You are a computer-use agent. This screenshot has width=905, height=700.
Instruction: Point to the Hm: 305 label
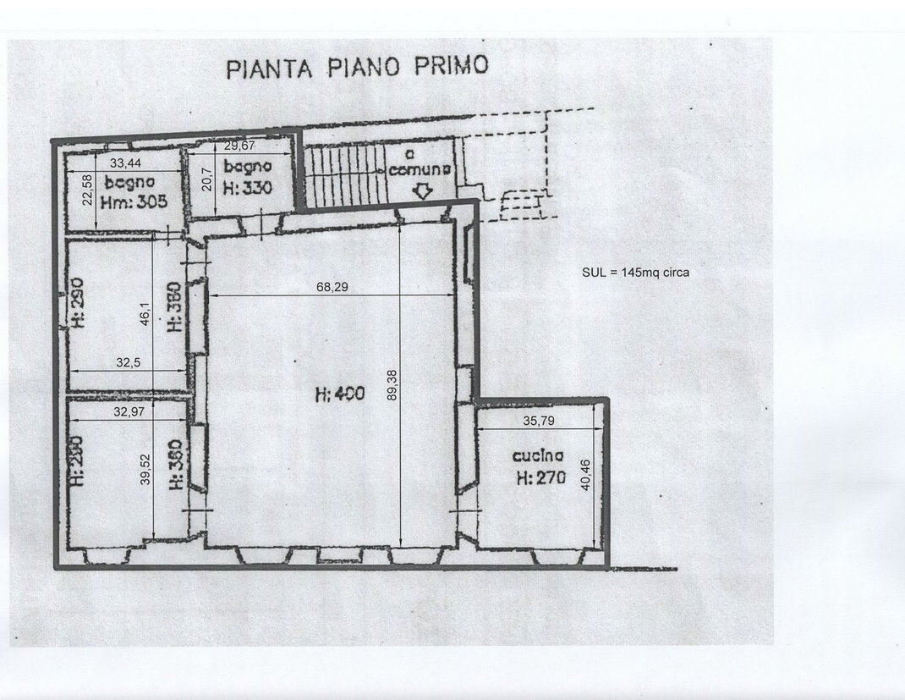tap(134, 201)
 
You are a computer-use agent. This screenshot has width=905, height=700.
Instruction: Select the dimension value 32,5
tap(128, 362)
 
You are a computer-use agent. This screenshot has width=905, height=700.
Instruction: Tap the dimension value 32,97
tap(128, 411)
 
